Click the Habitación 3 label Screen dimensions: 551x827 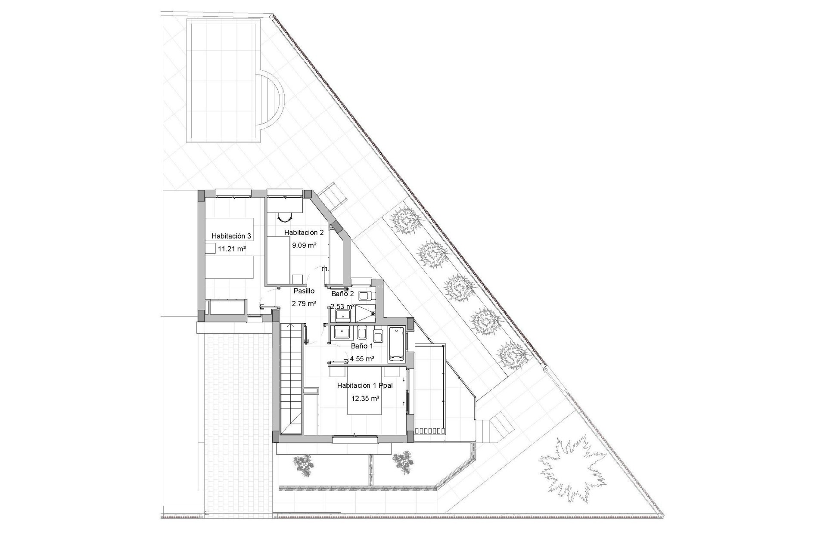231,236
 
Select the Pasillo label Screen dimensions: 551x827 304,291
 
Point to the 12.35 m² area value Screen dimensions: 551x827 365,399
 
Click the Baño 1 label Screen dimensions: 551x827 362,346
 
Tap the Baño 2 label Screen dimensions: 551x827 342,294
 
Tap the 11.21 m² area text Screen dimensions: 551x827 232,249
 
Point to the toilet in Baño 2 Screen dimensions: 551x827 364,296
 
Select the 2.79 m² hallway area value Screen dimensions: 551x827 304,303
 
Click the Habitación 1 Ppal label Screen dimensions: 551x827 365,386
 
